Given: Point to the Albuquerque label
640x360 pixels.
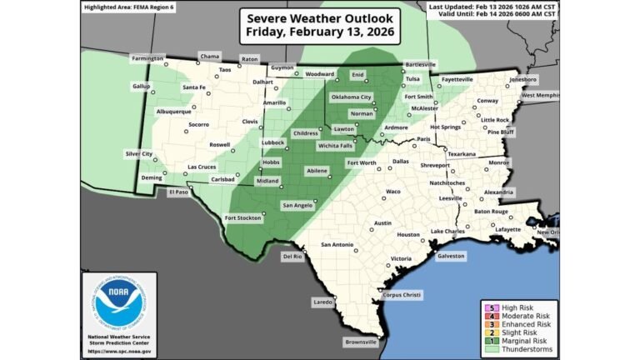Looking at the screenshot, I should tap(174, 112).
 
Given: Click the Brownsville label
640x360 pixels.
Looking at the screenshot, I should tap(360, 342).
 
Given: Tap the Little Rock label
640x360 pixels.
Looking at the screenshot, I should tap(498, 120).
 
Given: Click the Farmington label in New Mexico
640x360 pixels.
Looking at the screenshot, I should tap(147, 58).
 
